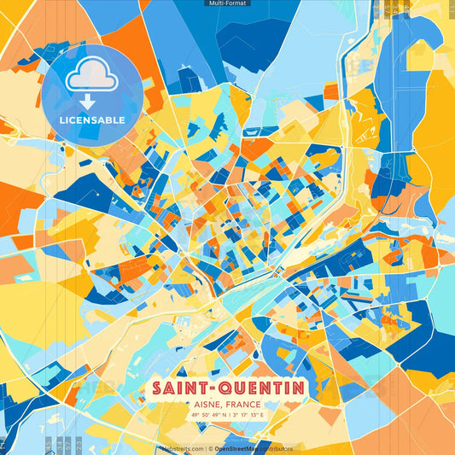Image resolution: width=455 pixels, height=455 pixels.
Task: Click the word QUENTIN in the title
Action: click(x=259, y=388)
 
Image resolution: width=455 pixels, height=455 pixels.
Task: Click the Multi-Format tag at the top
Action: click(x=227, y=3)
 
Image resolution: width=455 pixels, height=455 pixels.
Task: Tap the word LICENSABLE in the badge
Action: click(x=92, y=120)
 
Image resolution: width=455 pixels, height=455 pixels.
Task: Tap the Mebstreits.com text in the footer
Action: click(x=182, y=448)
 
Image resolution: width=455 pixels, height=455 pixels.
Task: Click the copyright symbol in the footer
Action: click(x=209, y=448)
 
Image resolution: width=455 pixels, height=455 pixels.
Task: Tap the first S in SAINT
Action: click(x=158, y=388)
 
